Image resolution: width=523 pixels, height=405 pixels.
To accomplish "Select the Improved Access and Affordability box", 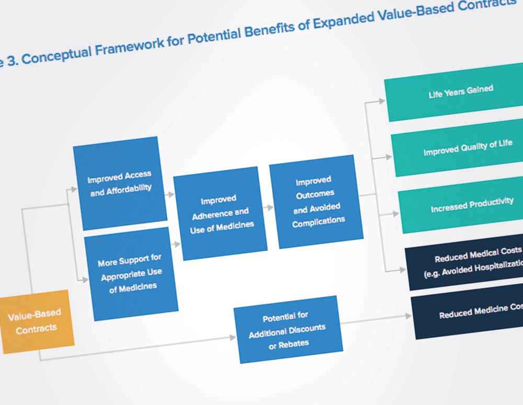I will point(120,183).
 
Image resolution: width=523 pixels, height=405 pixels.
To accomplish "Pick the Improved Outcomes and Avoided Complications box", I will point(316,201).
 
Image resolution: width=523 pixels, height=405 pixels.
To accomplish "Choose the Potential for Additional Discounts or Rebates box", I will point(288,330).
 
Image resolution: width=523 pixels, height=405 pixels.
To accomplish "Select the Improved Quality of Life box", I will point(467,148).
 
